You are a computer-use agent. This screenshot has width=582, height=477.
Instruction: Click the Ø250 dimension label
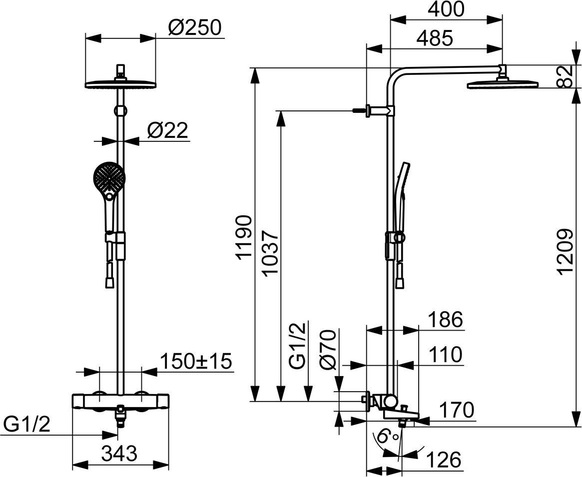click(194, 27)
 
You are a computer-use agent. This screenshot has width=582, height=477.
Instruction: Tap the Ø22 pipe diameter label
click(167, 130)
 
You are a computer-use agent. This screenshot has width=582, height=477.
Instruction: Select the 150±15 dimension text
click(196, 361)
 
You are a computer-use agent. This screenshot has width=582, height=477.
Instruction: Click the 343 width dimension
click(120, 453)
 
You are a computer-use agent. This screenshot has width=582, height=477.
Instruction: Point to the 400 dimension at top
click(446, 9)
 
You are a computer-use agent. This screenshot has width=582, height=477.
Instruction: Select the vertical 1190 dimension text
click(244, 237)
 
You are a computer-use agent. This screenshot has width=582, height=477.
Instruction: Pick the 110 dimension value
click(446, 355)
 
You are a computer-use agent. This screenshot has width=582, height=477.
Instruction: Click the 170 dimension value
click(457, 410)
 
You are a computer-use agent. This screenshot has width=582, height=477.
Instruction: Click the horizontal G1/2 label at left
click(26, 425)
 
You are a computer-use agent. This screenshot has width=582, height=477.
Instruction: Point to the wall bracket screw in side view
click(359, 110)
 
